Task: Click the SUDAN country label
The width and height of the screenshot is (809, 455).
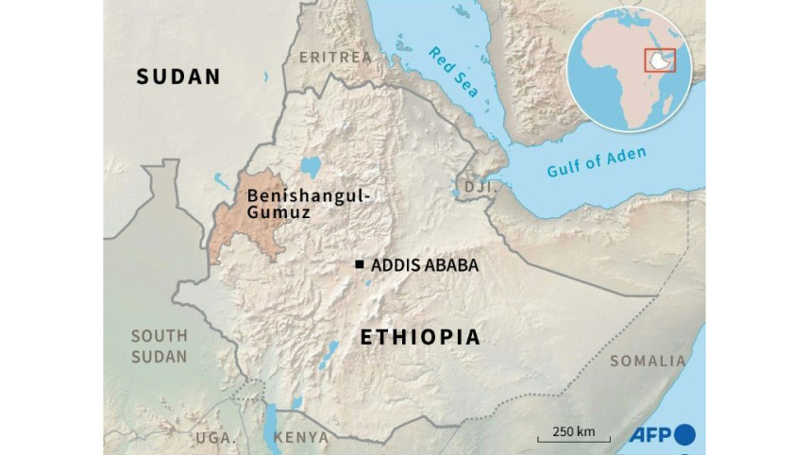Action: [178, 76]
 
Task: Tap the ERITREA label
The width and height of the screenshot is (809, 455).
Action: [335, 58]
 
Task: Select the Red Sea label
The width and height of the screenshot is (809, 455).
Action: [453, 72]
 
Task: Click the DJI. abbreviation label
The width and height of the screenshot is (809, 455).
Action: [480, 188]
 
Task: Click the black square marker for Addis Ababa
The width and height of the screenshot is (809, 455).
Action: [360, 265]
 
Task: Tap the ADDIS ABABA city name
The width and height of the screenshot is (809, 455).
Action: [425, 265]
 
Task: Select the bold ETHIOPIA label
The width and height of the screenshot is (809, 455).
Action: [420, 337]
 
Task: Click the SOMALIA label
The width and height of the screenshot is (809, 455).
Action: [648, 361]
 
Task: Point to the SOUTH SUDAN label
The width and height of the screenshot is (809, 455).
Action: [159, 345]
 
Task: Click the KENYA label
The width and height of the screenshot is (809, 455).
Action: [301, 437]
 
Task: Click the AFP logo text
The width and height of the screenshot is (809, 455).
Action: [649, 433]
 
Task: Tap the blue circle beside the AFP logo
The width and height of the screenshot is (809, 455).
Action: [684, 433]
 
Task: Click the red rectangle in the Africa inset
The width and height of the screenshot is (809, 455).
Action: [660, 59]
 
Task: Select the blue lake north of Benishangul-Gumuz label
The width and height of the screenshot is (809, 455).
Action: [310, 168]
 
